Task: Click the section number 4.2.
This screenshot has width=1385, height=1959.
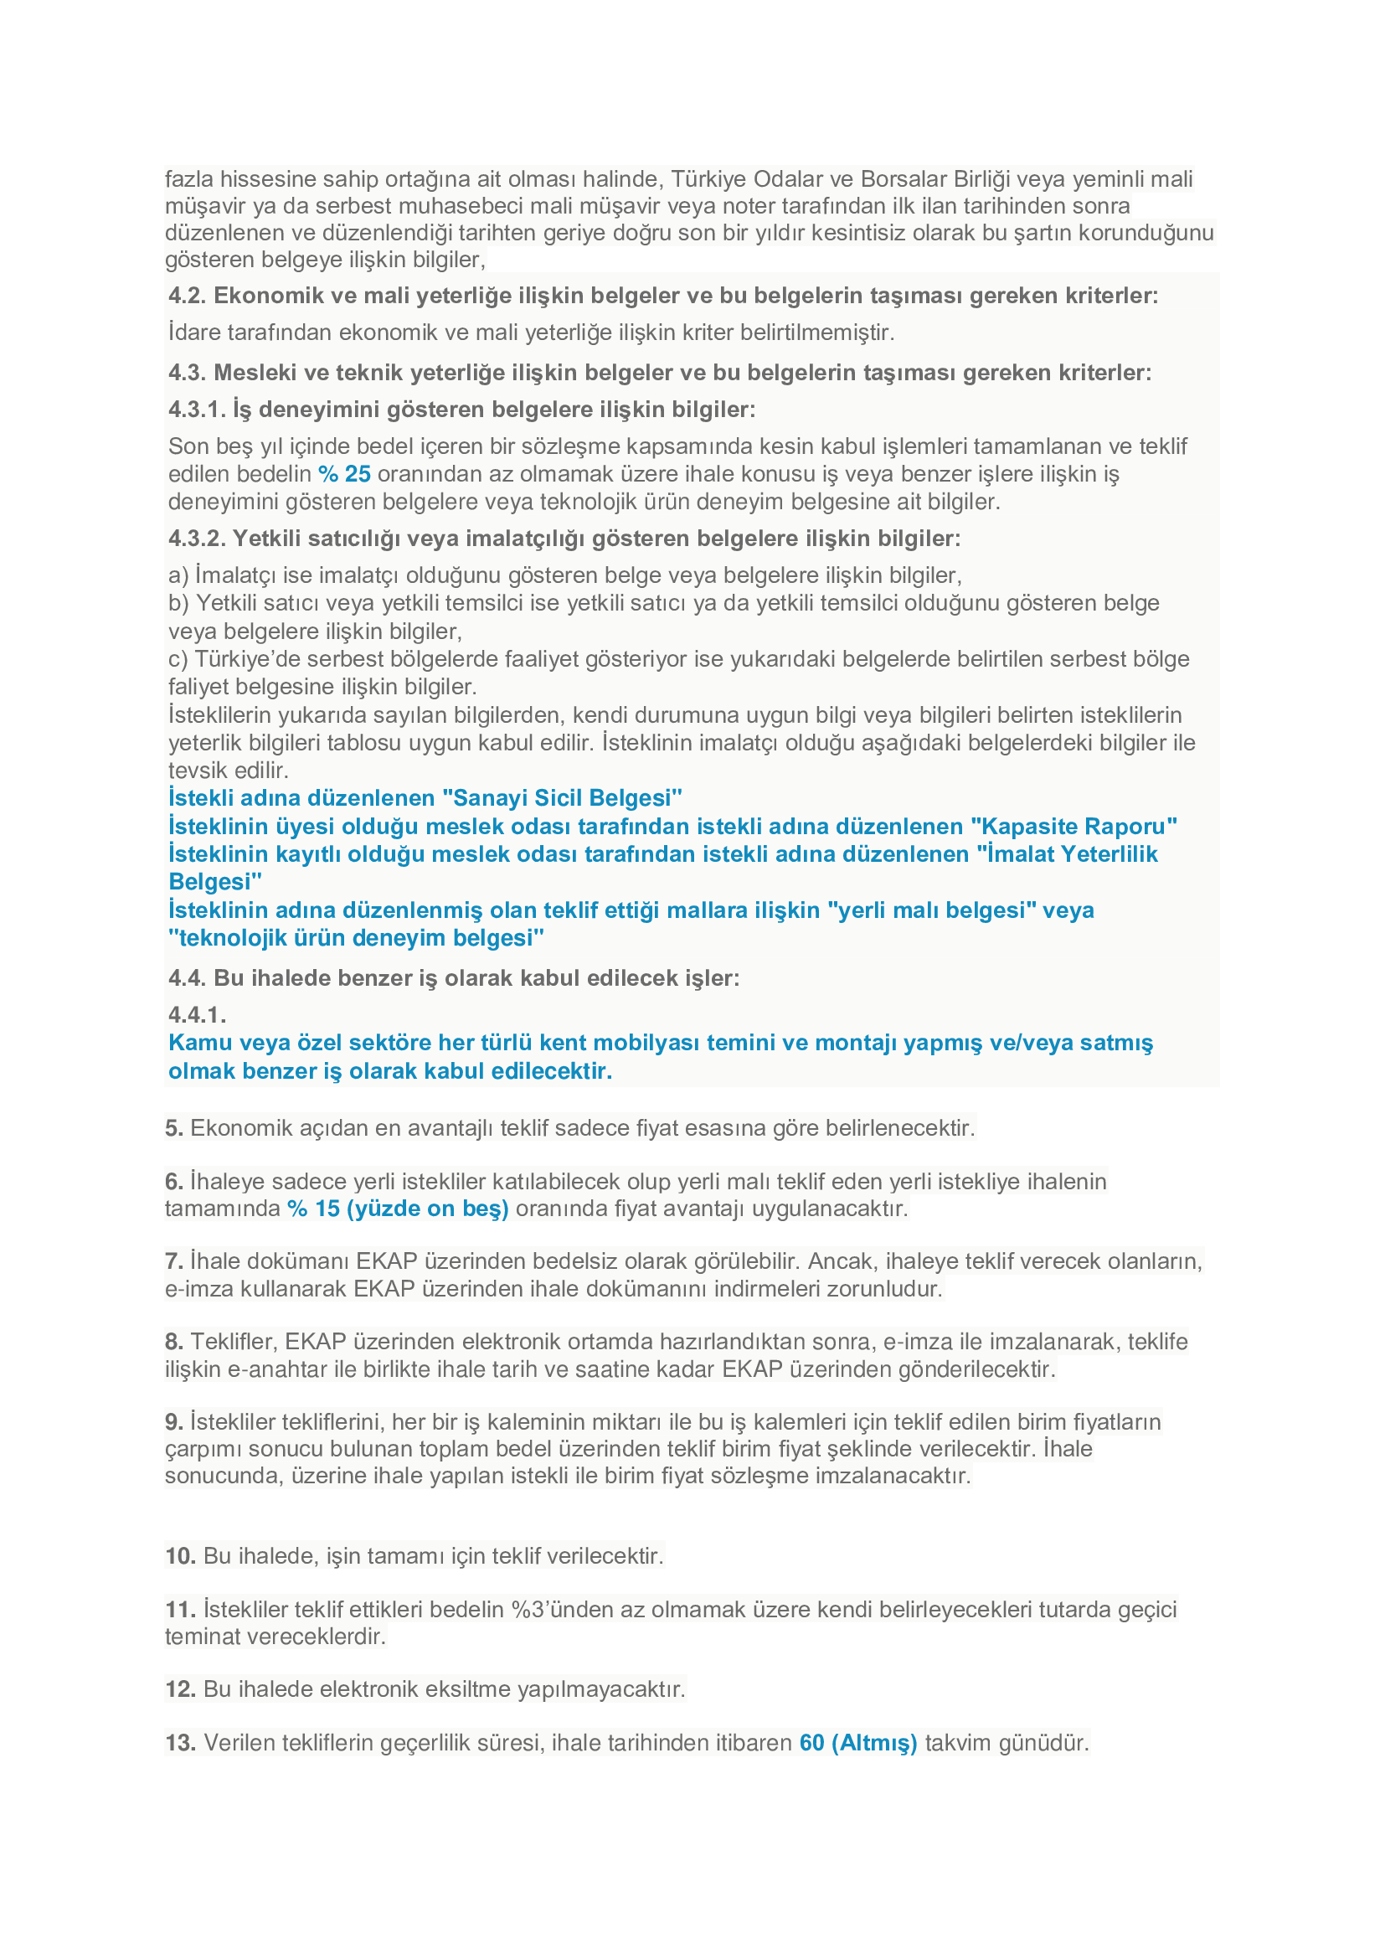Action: click(x=187, y=295)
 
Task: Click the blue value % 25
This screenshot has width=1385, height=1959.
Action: click(x=343, y=473)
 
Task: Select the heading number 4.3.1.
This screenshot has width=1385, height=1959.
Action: click(x=196, y=410)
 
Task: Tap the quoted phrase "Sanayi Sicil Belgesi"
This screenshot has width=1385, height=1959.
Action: click(x=562, y=798)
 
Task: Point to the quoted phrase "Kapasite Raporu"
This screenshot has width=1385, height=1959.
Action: click(x=1074, y=826)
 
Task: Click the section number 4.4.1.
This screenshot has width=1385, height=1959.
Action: click(x=196, y=1014)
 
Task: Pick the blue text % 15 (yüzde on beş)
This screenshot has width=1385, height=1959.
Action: click(x=398, y=1209)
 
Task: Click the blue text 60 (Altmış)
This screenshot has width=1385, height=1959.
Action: click(x=858, y=1742)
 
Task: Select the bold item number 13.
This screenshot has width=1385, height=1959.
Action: click(x=180, y=1742)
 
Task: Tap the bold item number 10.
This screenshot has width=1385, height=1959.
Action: click(x=180, y=1555)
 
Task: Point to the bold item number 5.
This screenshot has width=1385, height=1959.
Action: click(x=174, y=1128)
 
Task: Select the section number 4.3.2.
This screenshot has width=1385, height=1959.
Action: click(x=196, y=539)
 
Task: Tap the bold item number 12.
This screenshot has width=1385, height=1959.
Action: click(x=180, y=1688)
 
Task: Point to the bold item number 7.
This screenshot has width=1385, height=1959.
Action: click(x=174, y=1261)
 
